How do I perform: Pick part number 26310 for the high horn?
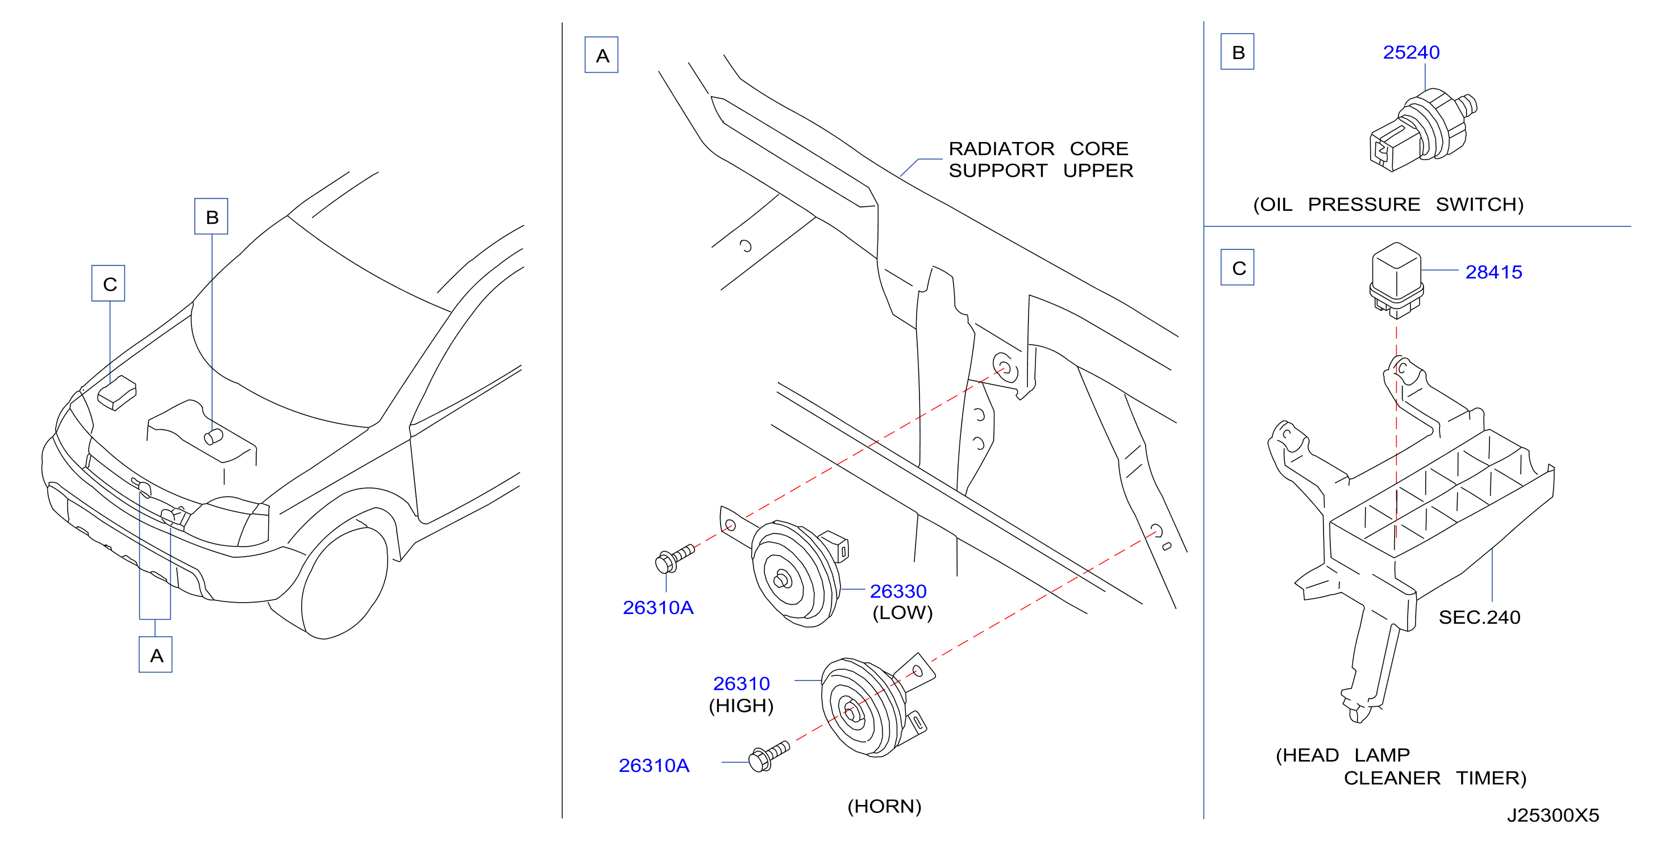[741, 683]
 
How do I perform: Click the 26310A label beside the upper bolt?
[658, 607]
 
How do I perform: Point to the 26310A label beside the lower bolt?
[654, 765]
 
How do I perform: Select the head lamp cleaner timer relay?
[1396, 281]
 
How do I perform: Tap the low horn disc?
[796, 573]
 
